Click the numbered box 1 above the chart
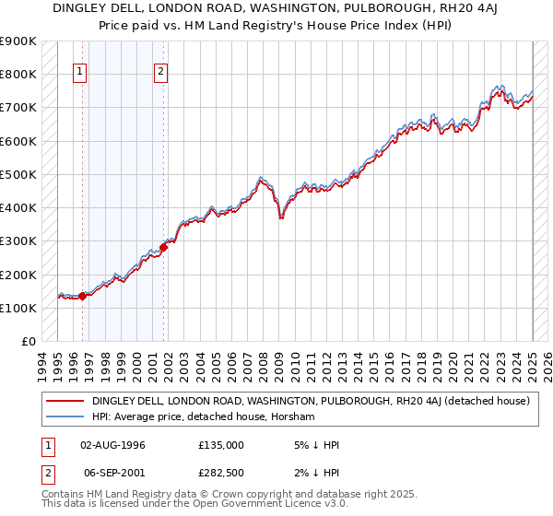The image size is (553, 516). point(80,73)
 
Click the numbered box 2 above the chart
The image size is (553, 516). point(161,73)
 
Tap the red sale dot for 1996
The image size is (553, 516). point(82,296)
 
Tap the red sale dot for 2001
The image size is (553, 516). point(163,247)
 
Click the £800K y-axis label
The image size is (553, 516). point(18,74)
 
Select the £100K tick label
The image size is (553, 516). point(18,308)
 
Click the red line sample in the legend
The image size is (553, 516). point(65,401)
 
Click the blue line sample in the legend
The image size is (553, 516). point(65,416)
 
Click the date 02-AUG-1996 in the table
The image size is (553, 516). point(112,445)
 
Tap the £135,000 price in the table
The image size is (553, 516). point(221,445)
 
